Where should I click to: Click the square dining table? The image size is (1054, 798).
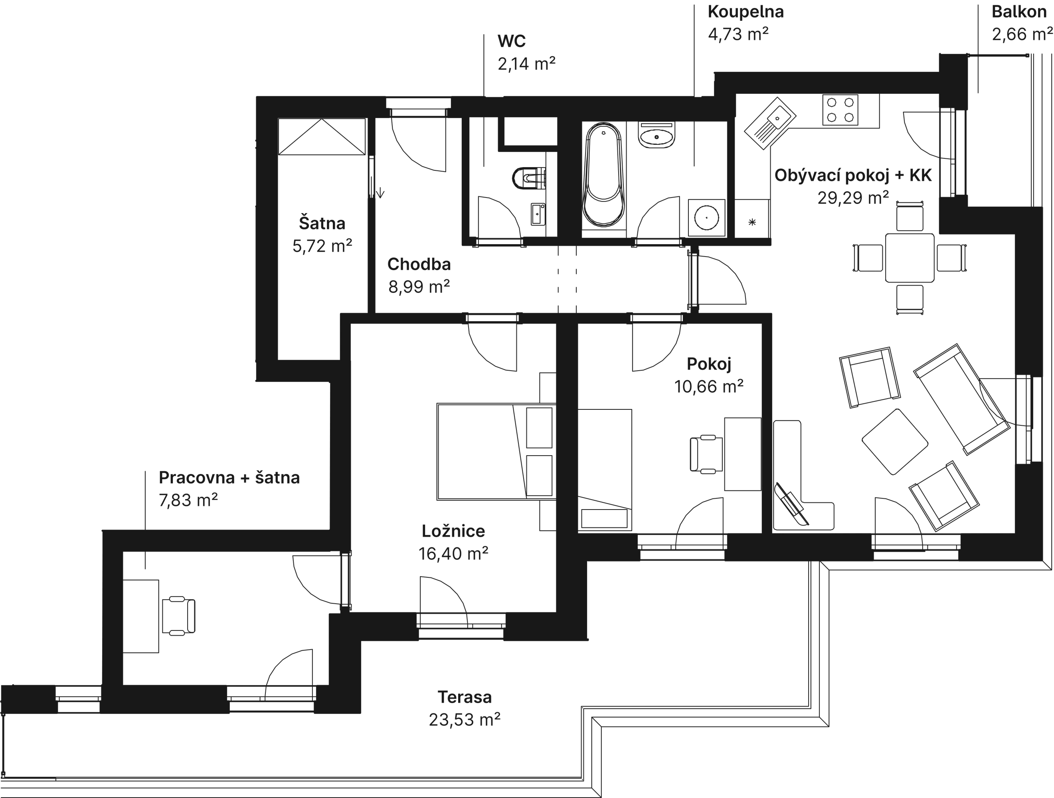(x=910, y=258)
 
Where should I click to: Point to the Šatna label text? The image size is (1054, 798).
(x=322, y=223)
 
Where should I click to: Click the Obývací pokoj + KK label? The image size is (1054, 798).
(x=852, y=175)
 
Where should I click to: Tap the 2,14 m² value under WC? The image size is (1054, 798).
(x=526, y=63)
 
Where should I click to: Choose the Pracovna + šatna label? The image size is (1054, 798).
(x=229, y=477)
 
